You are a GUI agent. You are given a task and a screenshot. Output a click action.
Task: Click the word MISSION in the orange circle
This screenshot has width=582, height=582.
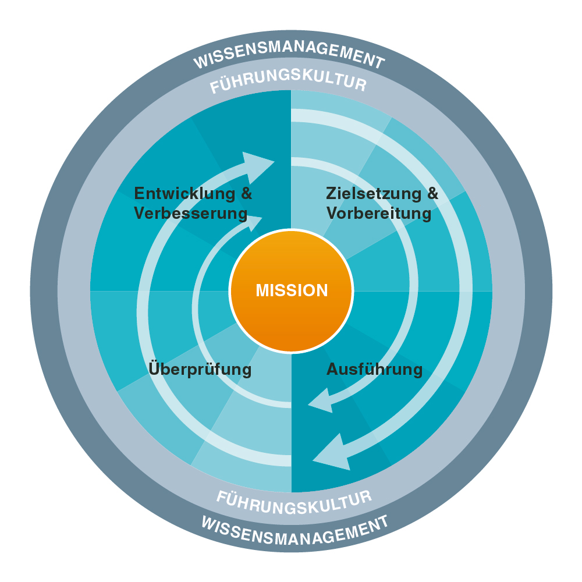point(292,290)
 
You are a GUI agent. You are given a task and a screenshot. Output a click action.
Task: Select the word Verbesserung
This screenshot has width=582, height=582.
point(190,214)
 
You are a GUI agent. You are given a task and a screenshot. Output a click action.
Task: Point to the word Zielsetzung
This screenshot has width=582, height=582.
point(373,193)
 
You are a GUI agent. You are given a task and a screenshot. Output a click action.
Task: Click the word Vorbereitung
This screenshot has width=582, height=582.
point(379,214)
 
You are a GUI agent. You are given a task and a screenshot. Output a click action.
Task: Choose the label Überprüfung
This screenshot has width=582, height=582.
point(200,370)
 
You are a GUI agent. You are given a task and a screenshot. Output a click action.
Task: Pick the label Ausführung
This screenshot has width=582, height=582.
point(374,370)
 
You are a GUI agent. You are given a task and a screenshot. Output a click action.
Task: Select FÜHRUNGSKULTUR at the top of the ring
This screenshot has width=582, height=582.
point(289,83)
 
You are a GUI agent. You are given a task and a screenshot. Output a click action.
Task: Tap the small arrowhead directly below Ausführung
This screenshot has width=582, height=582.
point(321,402)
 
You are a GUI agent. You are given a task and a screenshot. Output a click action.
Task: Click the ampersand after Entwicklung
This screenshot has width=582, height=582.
point(246,193)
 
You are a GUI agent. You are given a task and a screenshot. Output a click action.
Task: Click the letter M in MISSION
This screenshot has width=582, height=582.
point(262,290)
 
